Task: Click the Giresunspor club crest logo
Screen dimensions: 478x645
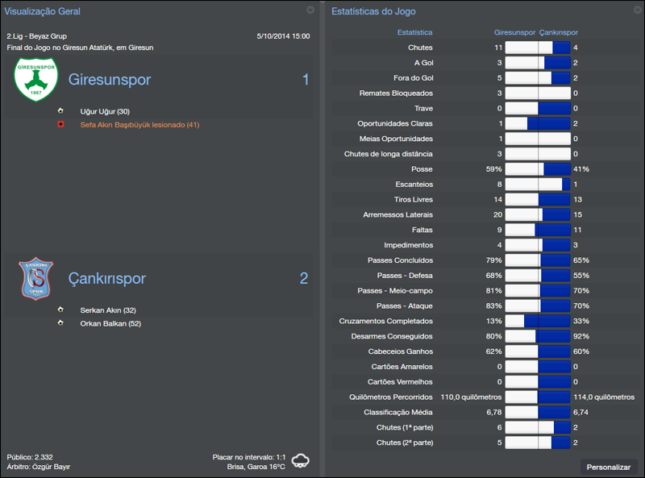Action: pos(31,80)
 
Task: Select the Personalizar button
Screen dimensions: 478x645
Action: pos(609,467)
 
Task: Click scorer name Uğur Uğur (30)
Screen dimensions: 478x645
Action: pos(105,110)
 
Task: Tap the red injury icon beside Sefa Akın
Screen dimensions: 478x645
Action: pos(60,125)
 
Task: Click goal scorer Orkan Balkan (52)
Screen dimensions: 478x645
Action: pos(110,323)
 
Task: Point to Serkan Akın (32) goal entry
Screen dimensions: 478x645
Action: pos(108,310)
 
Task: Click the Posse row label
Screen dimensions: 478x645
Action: pos(422,169)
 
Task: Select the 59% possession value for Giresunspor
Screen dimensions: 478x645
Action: pos(493,169)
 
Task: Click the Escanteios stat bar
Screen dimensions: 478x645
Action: pos(537,185)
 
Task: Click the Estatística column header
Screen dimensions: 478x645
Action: pos(415,32)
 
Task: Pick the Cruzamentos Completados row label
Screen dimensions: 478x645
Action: pos(386,321)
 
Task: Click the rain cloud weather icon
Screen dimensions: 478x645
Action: pos(302,461)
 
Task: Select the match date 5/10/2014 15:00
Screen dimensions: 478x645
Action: pos(282,36)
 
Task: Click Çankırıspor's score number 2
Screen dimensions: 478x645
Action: pos(304,278)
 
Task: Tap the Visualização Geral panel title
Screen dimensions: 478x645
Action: pos(43,11)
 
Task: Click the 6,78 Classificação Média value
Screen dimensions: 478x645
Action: pos(493,412)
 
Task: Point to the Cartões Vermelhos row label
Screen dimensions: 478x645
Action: pos(400,381)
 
